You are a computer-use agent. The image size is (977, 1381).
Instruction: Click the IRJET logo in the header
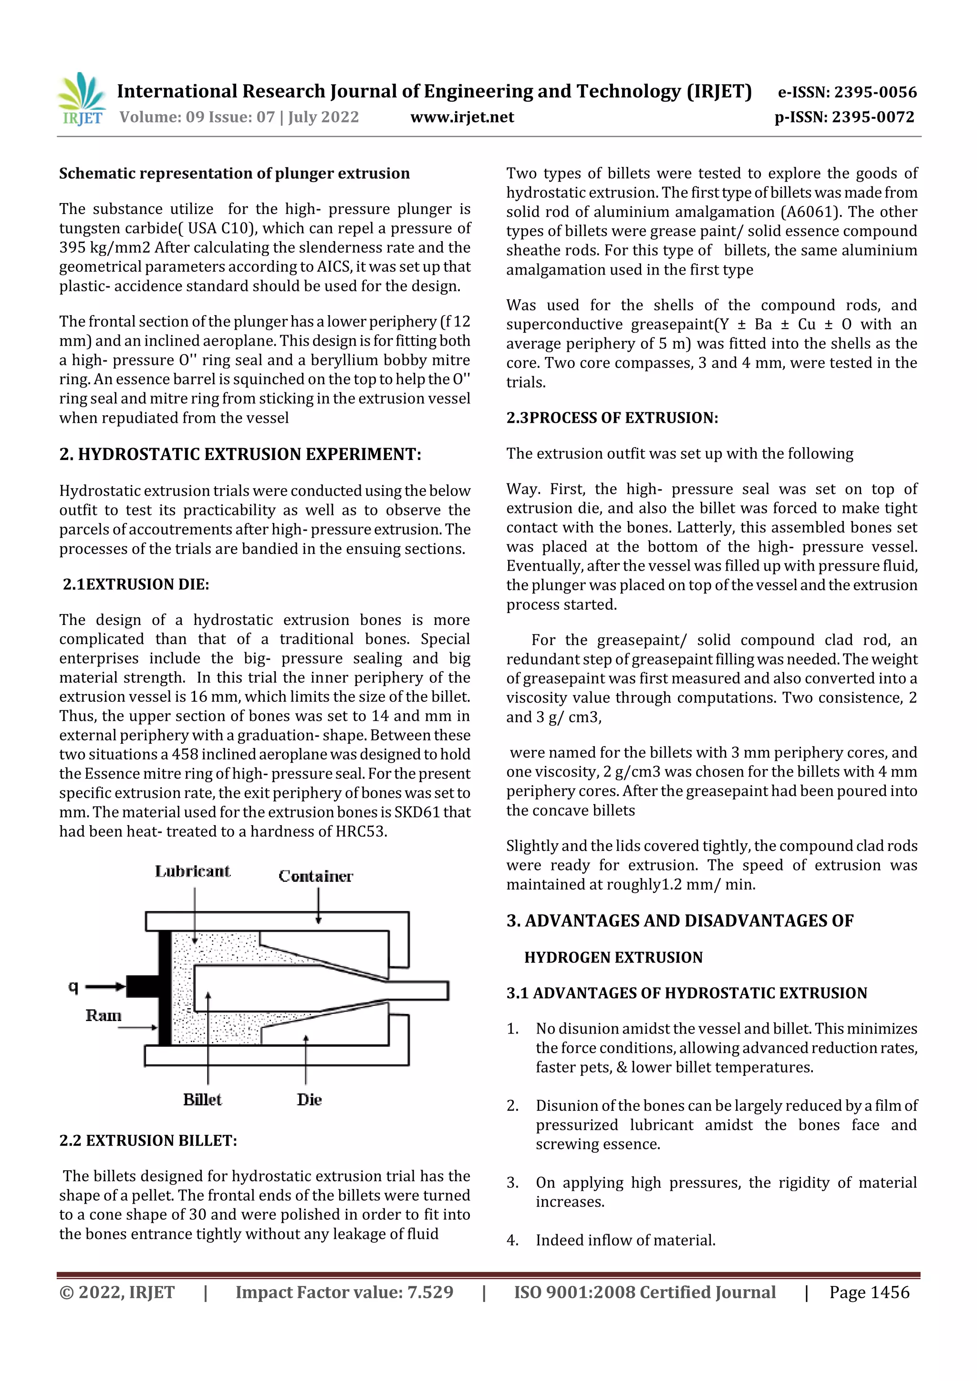(x=81, y=99)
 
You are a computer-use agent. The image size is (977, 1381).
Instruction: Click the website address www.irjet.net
(x=462, y=117)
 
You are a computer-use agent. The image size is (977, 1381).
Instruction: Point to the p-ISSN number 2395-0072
(x=873, y=117)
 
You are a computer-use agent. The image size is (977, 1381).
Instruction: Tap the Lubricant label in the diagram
(x=193, y=871)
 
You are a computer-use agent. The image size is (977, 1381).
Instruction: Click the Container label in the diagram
(x=315, y=876)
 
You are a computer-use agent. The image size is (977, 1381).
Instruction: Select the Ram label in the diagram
(x=103, y=1016)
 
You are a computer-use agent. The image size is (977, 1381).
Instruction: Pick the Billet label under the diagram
(x=202, y=1100)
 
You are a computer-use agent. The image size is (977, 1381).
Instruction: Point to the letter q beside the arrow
(x=73, y=986)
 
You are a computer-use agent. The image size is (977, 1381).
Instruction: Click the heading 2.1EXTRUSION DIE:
(x=136, y=584)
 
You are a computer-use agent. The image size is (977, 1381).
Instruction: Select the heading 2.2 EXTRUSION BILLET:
(x=148, y=1141)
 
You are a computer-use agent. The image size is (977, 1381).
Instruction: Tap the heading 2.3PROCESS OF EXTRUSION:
(x=612, y=418)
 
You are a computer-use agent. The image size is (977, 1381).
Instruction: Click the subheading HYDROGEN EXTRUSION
(x=613, y=958)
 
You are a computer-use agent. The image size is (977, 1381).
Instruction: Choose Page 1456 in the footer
(x=869, y=1293)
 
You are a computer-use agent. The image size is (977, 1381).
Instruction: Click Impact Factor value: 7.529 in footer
(x=344, y=1293)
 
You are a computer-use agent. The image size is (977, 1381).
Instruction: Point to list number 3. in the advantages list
(x=512, y=1183)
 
